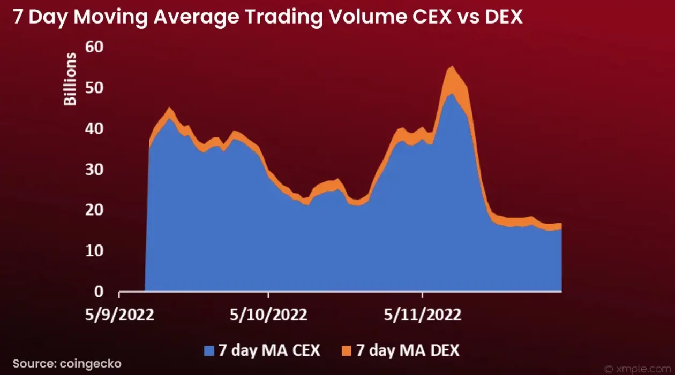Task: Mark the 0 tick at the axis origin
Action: pyautogui.click(x=99, y=292)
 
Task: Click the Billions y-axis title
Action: pyautogui.click(x=70, y=79)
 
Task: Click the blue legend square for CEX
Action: pyautogui.click(x=209, y=351)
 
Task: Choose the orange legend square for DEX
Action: pyautogui.click(x=347, y=351)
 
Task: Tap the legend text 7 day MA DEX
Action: pyautogui.click(x=407, y=350)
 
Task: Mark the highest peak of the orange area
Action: pyautogui.click(x=451, y=67)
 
